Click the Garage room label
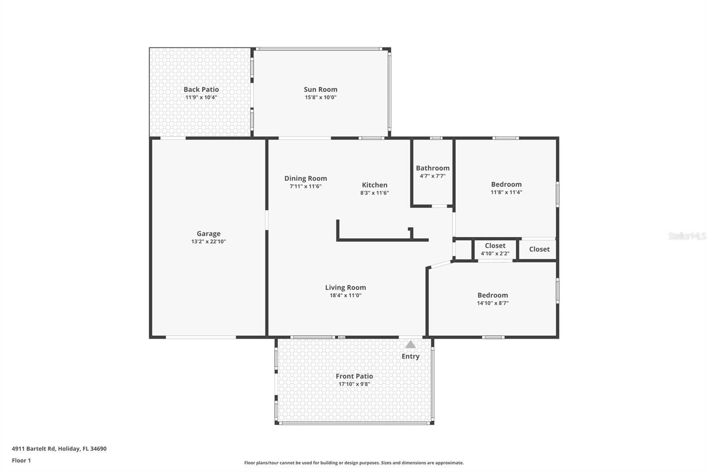(x=208, y=234)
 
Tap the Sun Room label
(x=320, y=89)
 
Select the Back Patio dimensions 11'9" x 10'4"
(x=201, y=97)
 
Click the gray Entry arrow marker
(x=410, y=344)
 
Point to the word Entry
(x=411, y=356)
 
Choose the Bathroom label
(x=433, y=168)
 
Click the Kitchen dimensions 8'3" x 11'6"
(x=374, y=193)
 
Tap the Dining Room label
(x=306, y=178)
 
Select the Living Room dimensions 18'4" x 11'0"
(x=346, y=295)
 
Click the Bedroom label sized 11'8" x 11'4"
(x=506, y=185)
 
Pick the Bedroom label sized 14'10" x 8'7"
(x=493, y=295)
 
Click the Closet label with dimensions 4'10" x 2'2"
(x=495, y=245)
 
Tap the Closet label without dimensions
(x=539, y=249)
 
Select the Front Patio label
(x=354, y=376)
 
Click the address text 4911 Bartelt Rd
(x=34, y=449)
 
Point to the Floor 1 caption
(x=22, y=460)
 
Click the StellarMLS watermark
(x=687, y=236)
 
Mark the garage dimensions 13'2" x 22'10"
(x=208, y=242)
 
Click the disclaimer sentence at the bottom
(x=354, y=463)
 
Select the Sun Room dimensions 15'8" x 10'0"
(x=320, y=97)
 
